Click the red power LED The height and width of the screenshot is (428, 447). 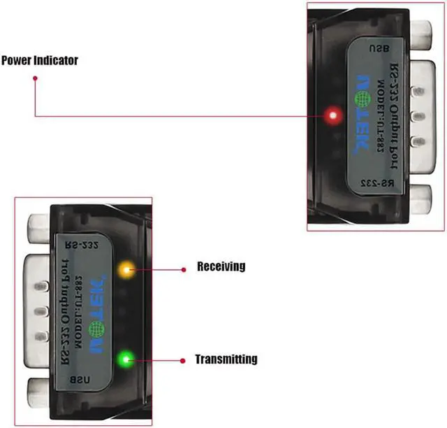[335, 115]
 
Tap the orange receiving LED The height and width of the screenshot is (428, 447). [126, 269]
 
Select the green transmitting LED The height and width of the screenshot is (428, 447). [126, 361]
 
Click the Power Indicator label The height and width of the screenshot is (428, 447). [39, 61]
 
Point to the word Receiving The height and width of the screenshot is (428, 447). [221, 266]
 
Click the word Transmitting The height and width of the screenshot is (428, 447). [226, 359]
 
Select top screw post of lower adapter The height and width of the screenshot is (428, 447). [39, 228]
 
